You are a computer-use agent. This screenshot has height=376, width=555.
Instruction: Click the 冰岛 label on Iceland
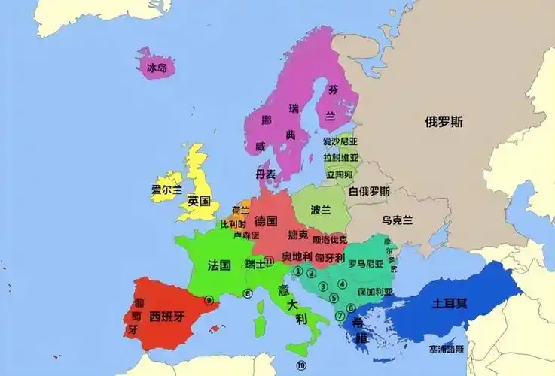point(157,68)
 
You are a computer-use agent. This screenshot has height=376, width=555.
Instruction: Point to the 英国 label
point(200,202)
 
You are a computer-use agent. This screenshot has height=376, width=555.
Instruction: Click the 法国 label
point(218,265)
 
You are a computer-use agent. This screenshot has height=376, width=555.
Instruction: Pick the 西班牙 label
point(166,316)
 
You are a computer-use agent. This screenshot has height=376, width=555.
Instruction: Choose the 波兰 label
point(321,210)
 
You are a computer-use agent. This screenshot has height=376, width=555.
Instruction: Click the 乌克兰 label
point(397,220)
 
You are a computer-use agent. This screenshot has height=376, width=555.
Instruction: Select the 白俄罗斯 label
point(369,191)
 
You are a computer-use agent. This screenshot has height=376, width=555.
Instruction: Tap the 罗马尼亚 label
point(367,263)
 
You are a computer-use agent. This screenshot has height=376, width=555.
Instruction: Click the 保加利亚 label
point(374,291)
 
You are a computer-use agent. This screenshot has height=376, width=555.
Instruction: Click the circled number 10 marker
point(301,366)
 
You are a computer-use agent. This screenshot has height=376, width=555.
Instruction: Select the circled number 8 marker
point(247,293)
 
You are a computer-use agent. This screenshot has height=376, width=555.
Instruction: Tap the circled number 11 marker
point(269,259)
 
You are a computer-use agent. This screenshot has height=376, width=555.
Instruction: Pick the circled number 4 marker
point(343,284)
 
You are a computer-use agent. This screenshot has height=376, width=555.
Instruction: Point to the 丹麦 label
point(265,174)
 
